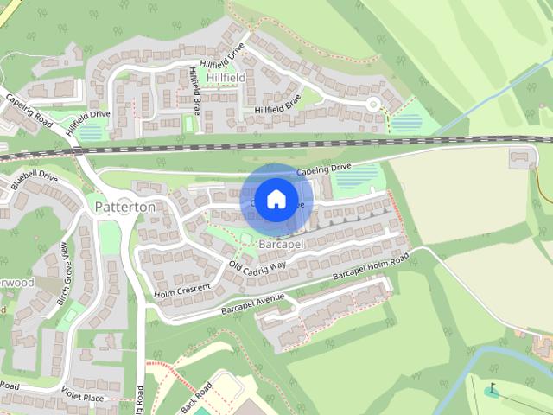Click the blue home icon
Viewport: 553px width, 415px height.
[276, 200]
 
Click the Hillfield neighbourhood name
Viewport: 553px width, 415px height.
[226, 78]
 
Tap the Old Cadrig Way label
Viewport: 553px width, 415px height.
[257, 265]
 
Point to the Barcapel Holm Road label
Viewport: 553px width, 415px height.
[370, 269]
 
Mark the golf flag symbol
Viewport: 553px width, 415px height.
[493, 389]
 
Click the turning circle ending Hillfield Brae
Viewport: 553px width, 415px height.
[373, 105]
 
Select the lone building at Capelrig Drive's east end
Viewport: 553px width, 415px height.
[520, 157]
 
